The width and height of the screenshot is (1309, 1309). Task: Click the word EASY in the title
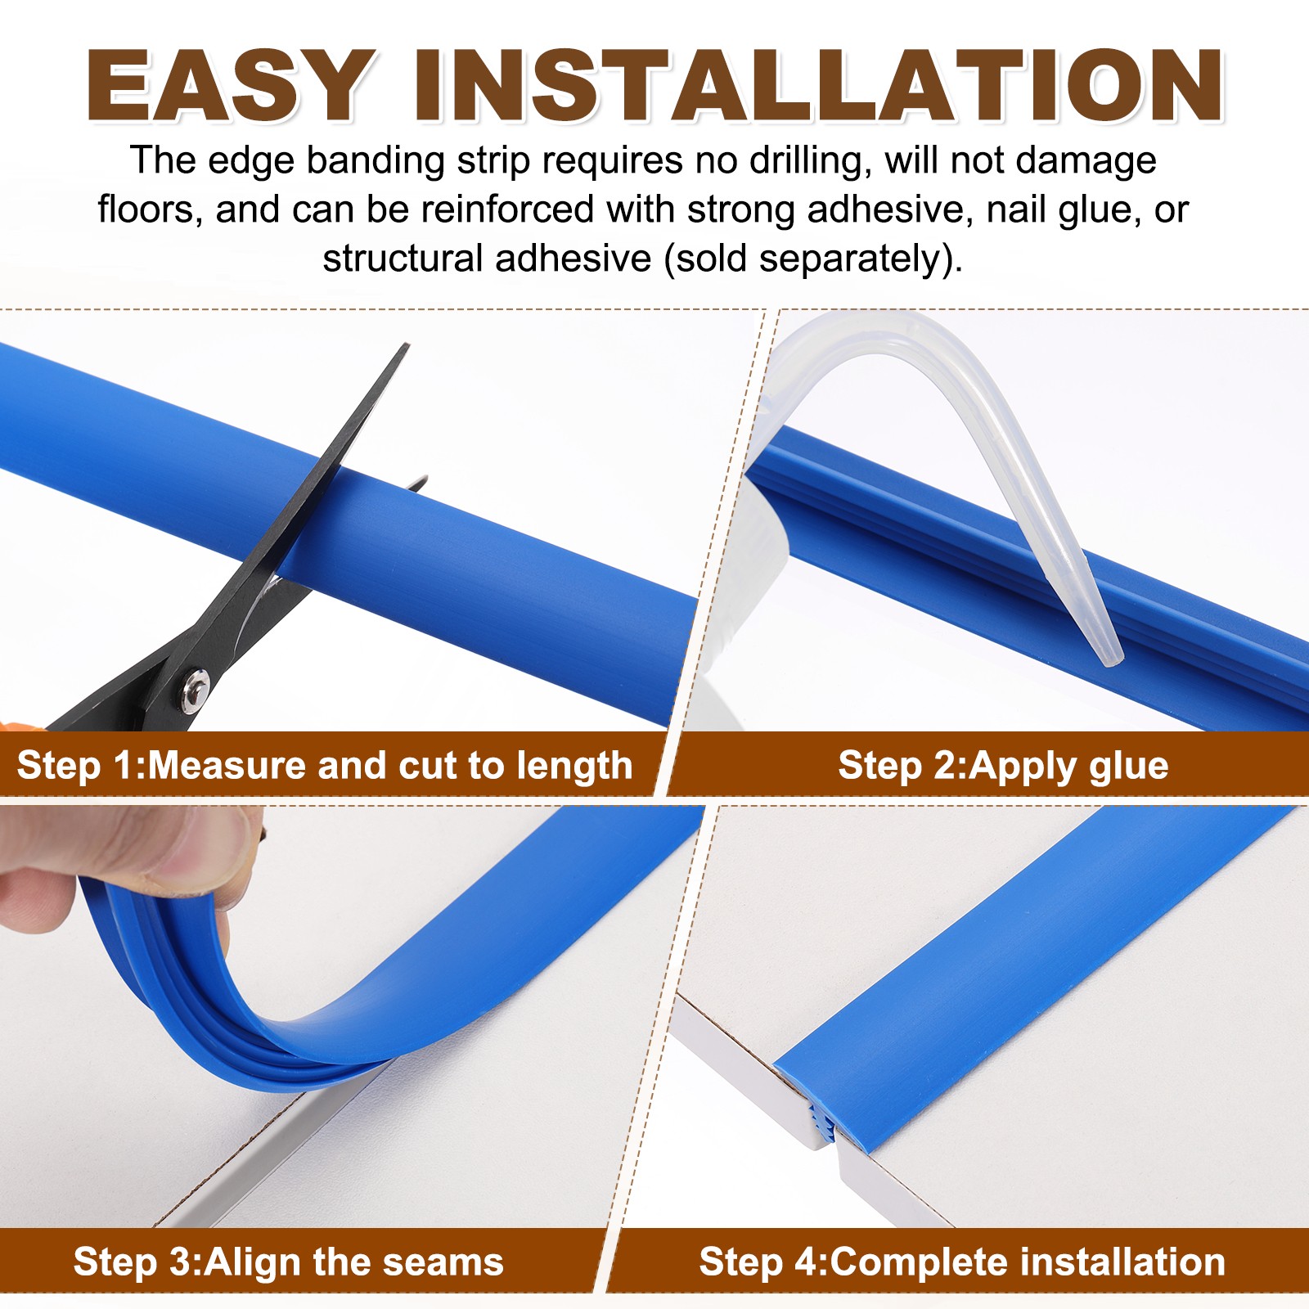pyautogui.click(x=231, y=86)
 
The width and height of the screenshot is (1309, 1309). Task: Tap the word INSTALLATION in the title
pyautogui.click(x=818, y=86)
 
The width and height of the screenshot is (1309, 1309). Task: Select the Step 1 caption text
pyautogui.click(x=325, y=766)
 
